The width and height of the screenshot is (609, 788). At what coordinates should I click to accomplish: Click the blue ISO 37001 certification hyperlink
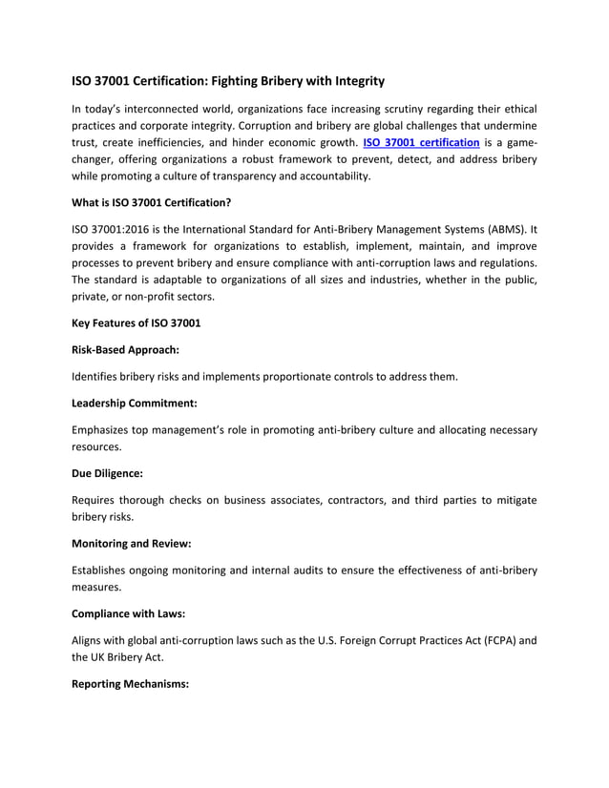421,143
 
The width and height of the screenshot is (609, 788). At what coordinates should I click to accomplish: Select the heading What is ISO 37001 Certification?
152,202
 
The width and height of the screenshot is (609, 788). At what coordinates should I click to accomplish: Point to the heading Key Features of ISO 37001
136,322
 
